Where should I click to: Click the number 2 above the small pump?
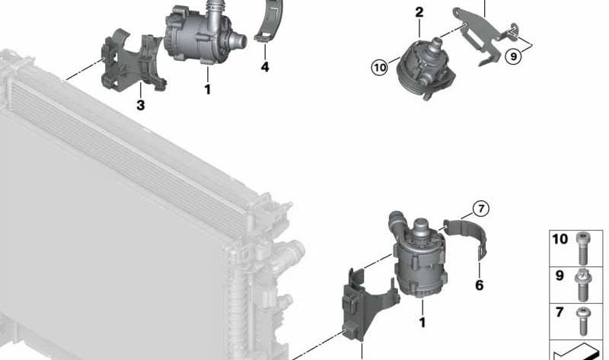(x=419, y=12)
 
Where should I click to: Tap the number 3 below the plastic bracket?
(x=141, y=105)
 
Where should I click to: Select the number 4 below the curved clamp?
(x=265, y=67)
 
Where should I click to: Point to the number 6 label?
(x=480, y=285)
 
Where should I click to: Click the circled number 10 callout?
(x=379, y=68)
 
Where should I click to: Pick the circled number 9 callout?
(x=513, y=56)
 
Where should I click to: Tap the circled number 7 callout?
(x=481, y=209)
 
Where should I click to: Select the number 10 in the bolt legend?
(x=560, y=239)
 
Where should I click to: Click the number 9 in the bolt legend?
(x=560, y=276)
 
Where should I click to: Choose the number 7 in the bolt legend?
(x=560, y=312)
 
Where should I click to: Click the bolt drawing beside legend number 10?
(x=582, y=248)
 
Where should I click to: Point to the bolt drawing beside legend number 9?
(x=582, y=285)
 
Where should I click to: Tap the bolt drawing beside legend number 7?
(x=582, y=321)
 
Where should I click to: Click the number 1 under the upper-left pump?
(x=208, y=90)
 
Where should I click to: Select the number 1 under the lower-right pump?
(x=422, y=323)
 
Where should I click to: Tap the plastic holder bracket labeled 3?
(x=132, y=64)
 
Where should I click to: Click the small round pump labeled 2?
(x=426, y=69)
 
